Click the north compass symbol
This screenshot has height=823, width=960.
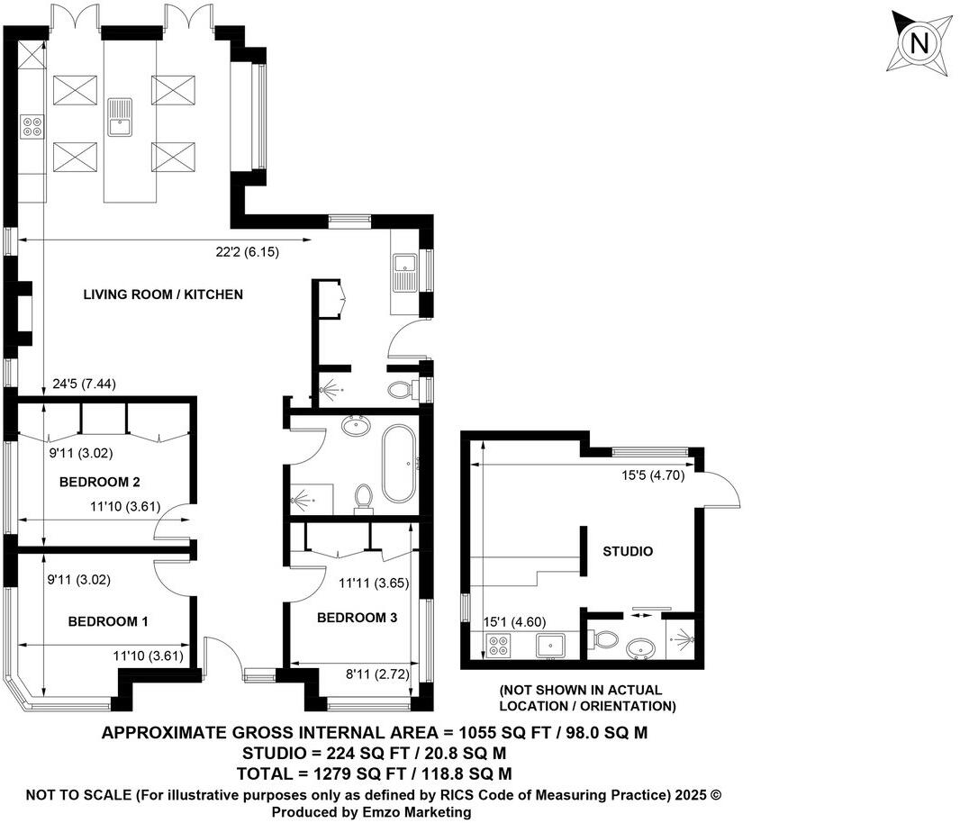(919, 42)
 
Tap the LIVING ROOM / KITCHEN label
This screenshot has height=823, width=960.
(163, 294)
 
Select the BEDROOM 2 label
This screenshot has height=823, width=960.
(100, 483)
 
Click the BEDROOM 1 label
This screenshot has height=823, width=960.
(108, 621)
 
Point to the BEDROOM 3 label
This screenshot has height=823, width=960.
(357, 618)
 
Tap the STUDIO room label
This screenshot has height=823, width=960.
(627, 551)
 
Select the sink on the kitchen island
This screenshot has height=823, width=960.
(119, 115)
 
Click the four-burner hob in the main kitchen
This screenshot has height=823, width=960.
(32, 126)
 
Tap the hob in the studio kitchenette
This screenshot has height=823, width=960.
(498, 644)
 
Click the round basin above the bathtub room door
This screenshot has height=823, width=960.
(355, 424)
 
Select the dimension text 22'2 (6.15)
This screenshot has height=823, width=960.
(247, 252)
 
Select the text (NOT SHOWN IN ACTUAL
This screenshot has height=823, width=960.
(586, 691)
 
